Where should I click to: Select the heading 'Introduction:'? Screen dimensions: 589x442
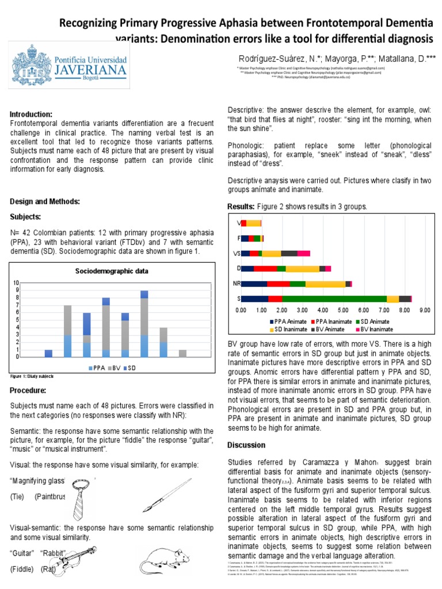point(32,114)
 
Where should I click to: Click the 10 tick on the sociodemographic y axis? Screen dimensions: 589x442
point(17,282)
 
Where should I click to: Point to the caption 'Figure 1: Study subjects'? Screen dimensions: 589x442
point(32,376)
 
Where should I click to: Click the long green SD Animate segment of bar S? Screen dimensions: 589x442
point(334,299)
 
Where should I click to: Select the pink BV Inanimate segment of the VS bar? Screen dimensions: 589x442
point(304,253)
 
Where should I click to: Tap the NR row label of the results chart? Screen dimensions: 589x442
point(237,284)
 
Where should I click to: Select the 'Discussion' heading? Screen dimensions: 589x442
point(246,445)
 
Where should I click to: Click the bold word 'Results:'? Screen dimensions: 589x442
point(241,206)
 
